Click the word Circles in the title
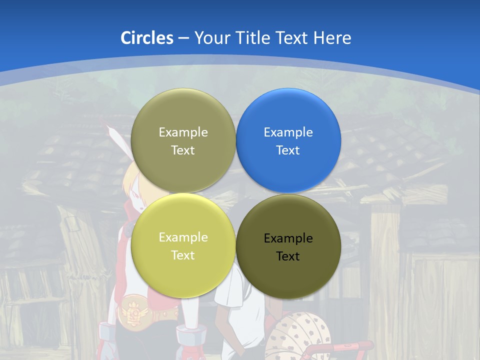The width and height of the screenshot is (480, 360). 146,37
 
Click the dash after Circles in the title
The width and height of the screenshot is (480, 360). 183,38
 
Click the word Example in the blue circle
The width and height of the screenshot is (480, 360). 288,132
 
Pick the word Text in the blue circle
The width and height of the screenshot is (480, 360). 288,150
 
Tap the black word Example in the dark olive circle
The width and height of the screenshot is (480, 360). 288,238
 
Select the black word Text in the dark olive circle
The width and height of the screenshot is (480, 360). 288,256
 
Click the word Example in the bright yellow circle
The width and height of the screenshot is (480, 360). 183,237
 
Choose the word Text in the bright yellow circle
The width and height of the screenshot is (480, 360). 183,255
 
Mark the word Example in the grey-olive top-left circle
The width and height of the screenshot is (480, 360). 183,132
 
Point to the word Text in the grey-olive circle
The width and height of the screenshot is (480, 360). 183,150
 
